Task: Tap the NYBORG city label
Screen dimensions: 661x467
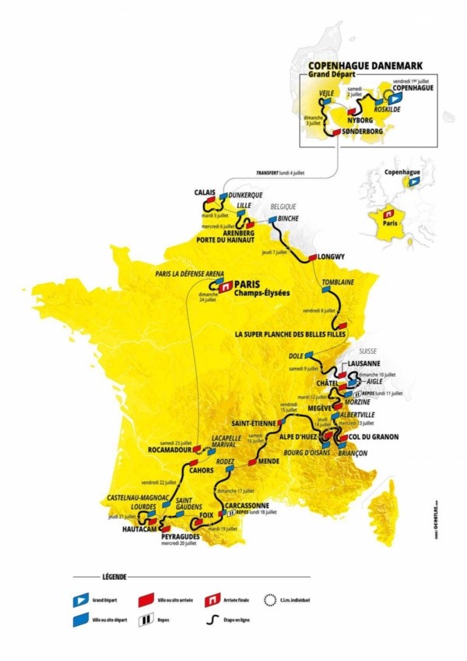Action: click(359, 122)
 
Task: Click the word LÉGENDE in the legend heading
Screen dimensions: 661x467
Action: click(117, 577)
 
